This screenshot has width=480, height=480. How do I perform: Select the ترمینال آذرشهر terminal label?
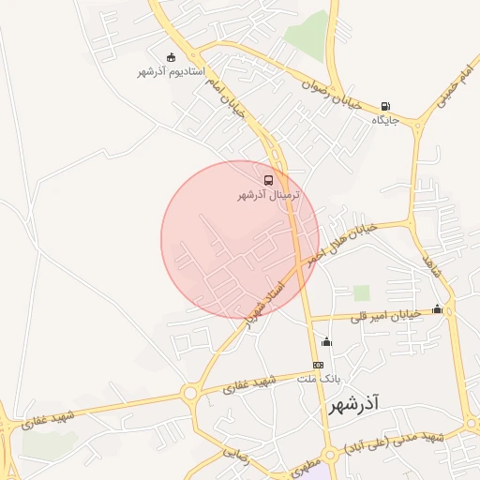click(x=269, y=196)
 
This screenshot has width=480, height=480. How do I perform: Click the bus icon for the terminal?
click(x=269, y=180)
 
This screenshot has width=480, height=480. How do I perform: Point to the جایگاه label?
click(x=385, y=121)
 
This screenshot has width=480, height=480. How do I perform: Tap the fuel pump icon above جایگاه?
click(x=386, y=107)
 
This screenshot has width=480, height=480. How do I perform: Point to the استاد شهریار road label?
click(x=264, y=302)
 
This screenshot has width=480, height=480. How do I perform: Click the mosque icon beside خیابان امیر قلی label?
click(x=437, y=309)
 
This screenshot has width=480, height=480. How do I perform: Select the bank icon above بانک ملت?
click(x=318, y=365)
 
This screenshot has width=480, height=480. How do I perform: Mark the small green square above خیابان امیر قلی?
click(x=361, y=292)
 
